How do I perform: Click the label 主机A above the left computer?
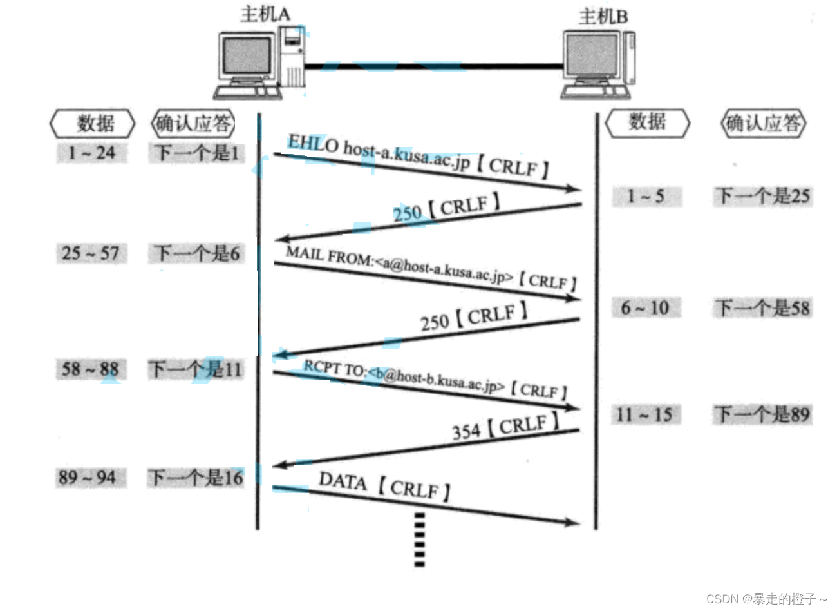point(265,14)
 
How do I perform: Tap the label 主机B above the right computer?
point(603,16)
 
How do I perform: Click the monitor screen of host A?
point(247,55)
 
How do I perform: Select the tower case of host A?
point(291,58)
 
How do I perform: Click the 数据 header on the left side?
point(94,123)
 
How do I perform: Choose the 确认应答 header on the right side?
point(763,122)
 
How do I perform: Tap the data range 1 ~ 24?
point(91,153)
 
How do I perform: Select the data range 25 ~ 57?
point(91,253)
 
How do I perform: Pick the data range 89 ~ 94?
point(88,478)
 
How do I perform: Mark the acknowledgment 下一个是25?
point(763,196)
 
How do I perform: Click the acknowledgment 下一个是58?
point(763,308)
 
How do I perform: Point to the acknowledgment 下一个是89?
point(763,414)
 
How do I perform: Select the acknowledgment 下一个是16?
point(196,478)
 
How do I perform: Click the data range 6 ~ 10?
point(645,308)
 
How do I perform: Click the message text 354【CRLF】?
point(505,427)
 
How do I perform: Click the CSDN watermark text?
point(766,599)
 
